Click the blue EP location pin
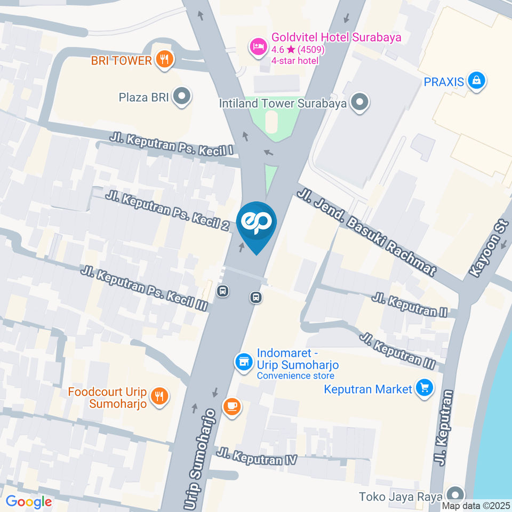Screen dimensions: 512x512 coord(257,223)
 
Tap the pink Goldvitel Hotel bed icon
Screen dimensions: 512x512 coord(259,46)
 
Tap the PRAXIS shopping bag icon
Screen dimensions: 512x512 coord(476,82)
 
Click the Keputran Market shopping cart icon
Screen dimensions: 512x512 coord(425,389)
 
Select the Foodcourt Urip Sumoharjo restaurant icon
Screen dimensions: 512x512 coord(159,396)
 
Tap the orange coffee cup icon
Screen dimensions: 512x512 coord(232,407)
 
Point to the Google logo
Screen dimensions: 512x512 coord(28,501)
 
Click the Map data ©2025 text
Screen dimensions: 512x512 coord(476,506)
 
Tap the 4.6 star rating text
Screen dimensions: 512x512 coord(298,50)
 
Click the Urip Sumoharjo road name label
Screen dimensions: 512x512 coord(199,458)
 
